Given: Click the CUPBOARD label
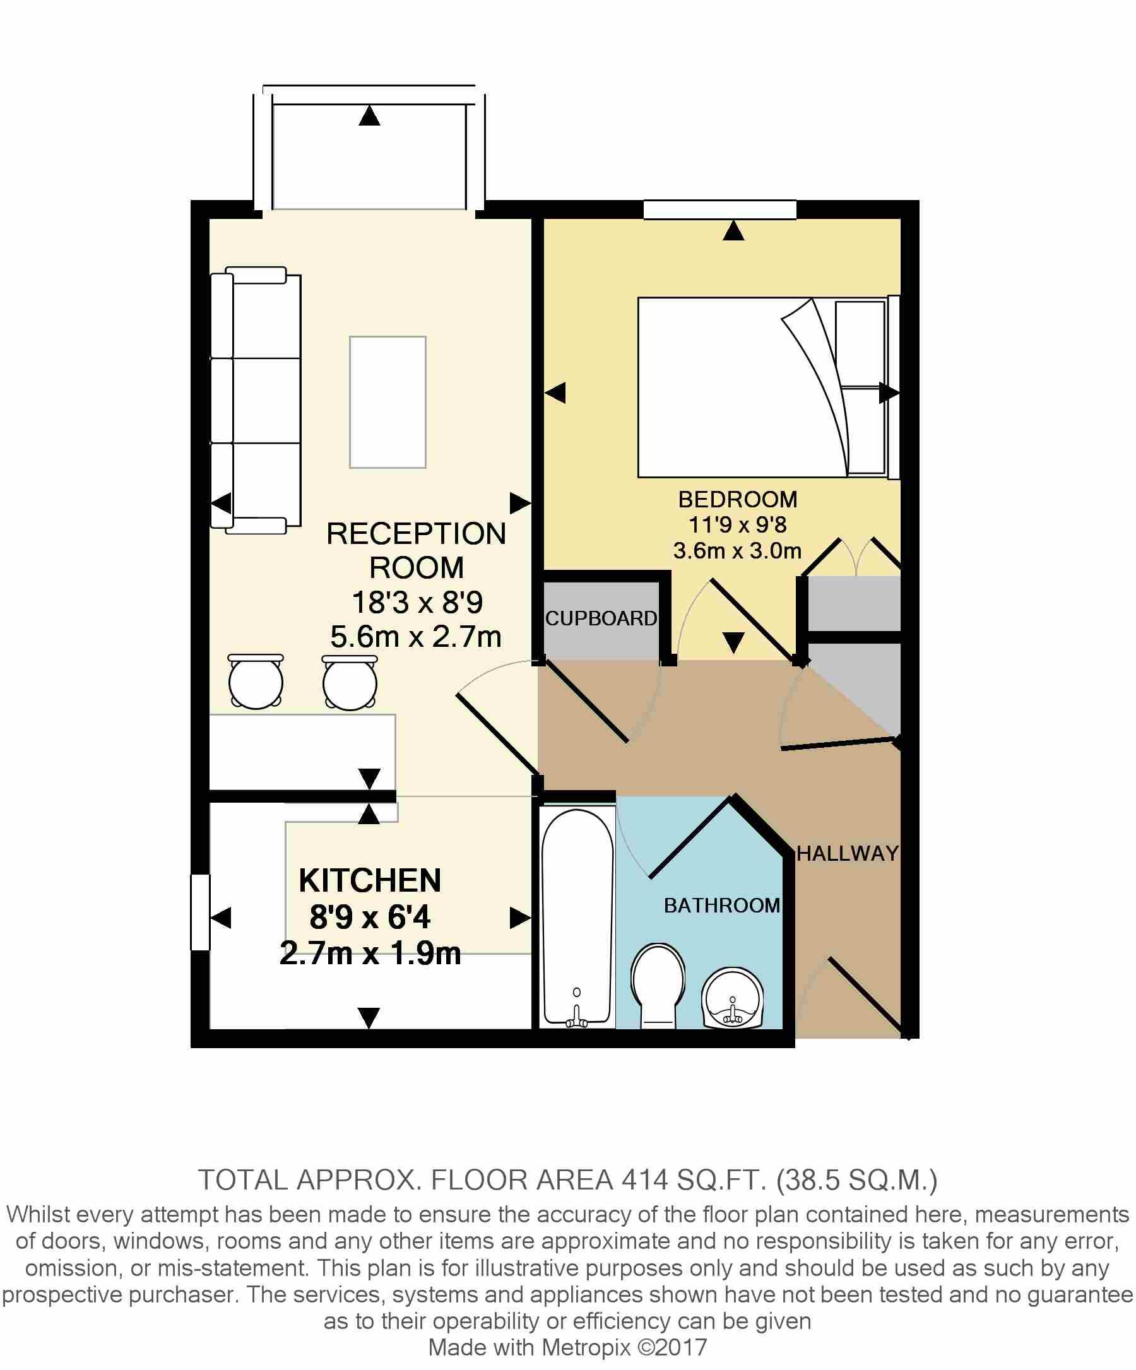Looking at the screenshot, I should point(601,618).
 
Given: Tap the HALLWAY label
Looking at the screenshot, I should point(847,853).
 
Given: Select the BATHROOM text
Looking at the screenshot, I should point(721,905).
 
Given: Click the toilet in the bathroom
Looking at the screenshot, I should point(658,985).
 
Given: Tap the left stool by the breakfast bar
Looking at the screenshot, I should point(256,682).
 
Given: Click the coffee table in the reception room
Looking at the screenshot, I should point(388,402).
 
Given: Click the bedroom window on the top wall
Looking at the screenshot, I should point(719,210).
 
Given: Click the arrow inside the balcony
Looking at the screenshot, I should point(370,116).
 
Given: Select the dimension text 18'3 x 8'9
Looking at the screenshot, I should point(417,602).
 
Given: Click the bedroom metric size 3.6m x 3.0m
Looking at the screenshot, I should point(737,551).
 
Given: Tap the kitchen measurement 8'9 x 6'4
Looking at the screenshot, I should point(369,918).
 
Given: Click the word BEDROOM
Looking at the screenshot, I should point(737,499).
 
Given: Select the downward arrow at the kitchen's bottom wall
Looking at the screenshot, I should point(369,1017).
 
